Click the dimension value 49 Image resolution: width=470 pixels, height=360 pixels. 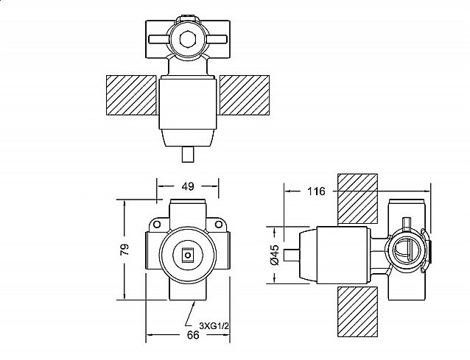(x=188, y=186)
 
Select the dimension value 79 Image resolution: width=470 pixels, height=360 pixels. (x=124, y=250)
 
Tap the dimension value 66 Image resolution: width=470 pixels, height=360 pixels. (x=193, y=335)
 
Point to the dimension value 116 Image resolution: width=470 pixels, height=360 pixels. (x=316, y=191)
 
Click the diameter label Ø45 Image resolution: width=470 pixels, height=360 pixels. (x=275, y=255)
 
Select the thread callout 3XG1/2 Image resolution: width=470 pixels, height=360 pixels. (x=214, y=326)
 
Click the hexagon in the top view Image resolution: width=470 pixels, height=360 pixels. (x=187, y=39)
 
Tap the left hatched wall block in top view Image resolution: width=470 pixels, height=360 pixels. (x=131, y=95)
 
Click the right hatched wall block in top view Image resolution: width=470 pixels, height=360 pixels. (x=245, y=95)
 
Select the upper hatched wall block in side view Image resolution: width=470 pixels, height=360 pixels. (x=357, y=199)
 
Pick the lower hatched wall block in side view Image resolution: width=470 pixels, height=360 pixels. (x=357, y=312)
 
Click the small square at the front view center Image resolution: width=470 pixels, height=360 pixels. (x=188, y=255)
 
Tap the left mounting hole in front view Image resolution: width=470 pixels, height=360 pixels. (x=157, y=224)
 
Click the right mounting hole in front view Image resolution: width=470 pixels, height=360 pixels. (x=219, y=224)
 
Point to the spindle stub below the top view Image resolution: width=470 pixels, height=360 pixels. (x=188, y=155)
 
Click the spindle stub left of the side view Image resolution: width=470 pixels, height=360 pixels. (x=291, y=255)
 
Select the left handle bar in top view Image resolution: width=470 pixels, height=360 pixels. (x=159, y=39)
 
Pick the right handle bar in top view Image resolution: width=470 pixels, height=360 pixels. (x=216, y=39)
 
